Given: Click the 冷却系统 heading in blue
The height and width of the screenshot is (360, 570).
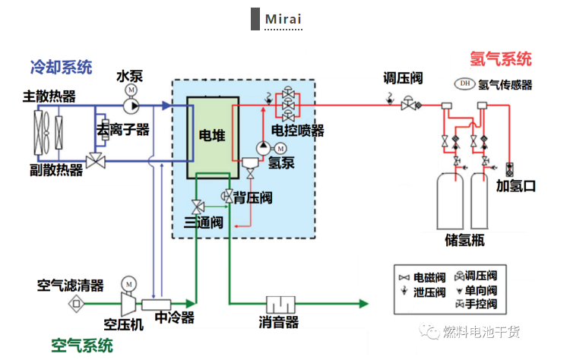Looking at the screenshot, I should (61, 67).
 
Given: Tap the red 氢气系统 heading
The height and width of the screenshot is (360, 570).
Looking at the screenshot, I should (501, 58).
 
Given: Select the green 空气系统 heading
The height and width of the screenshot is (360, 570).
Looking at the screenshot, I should (82, 346).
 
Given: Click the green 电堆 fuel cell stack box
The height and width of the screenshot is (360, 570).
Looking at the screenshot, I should (214, 136).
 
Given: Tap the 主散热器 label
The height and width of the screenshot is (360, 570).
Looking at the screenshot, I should (49, 96).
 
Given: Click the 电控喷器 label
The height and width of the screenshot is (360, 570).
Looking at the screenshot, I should (298, 131).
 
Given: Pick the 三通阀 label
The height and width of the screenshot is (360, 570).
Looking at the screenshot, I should (203, 223).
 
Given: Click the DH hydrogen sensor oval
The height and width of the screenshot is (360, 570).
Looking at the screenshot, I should (464, 84).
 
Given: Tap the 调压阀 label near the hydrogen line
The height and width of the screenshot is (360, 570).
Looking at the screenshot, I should (402, 78).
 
